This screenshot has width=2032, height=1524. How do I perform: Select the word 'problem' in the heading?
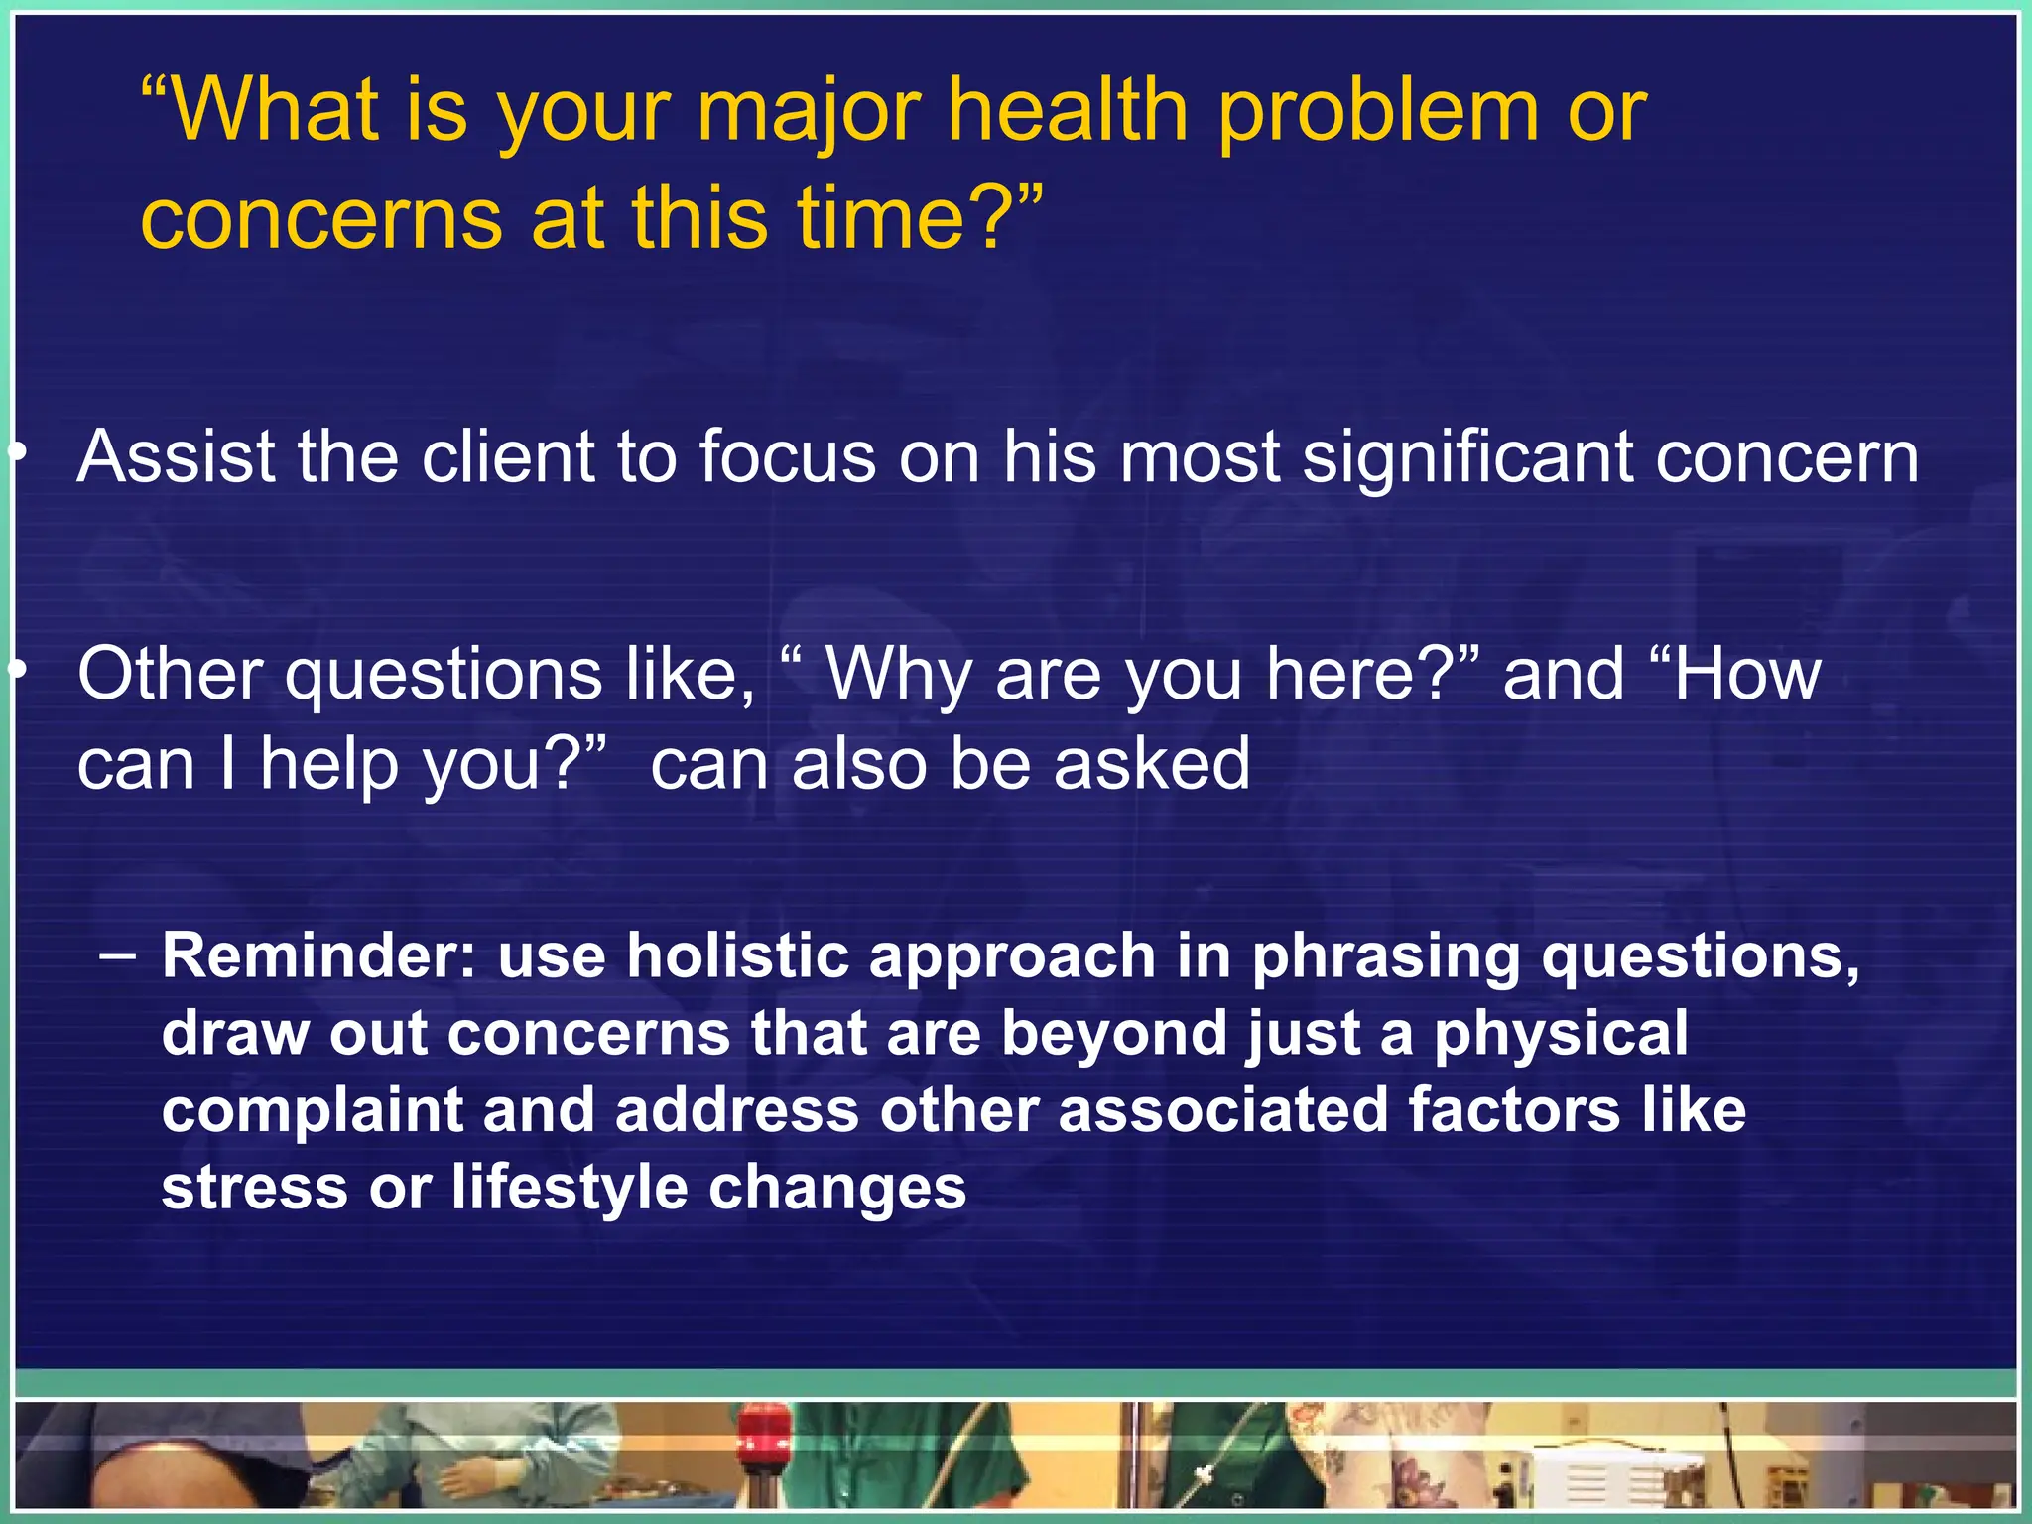pos(1379,111)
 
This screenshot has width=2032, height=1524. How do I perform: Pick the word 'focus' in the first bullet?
pos(788,457)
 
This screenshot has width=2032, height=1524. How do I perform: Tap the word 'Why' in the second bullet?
pos(899,675)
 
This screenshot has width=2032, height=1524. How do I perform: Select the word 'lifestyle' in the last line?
pos(570,1188)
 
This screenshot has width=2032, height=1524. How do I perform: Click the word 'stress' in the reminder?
pos(254,1188)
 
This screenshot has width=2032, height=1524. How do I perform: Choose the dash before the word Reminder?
pos(119,956)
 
